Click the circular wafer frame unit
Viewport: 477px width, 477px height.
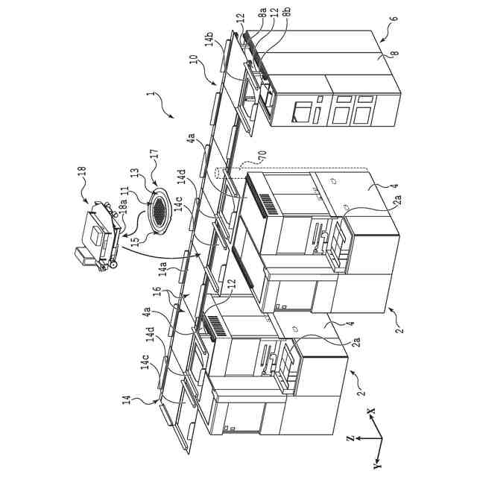[159, 209]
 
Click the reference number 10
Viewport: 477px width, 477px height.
[194, 78]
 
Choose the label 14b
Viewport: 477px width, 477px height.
[209, 39]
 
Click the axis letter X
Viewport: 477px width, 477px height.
[370, 411]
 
